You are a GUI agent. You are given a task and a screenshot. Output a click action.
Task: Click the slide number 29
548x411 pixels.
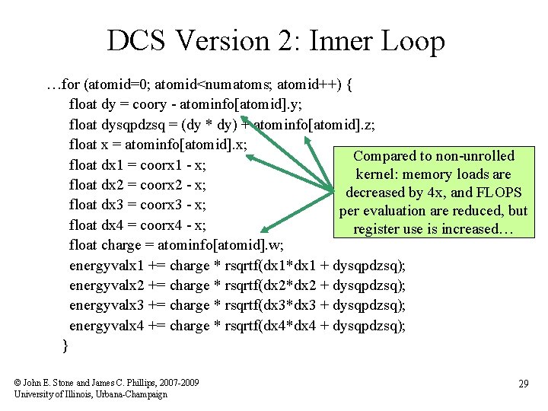click(x=523, y=384)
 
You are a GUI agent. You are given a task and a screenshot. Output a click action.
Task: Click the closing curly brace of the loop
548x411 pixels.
click(x=65, y=346)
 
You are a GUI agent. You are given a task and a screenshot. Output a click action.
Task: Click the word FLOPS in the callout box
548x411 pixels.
click(x=499, y=193)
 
